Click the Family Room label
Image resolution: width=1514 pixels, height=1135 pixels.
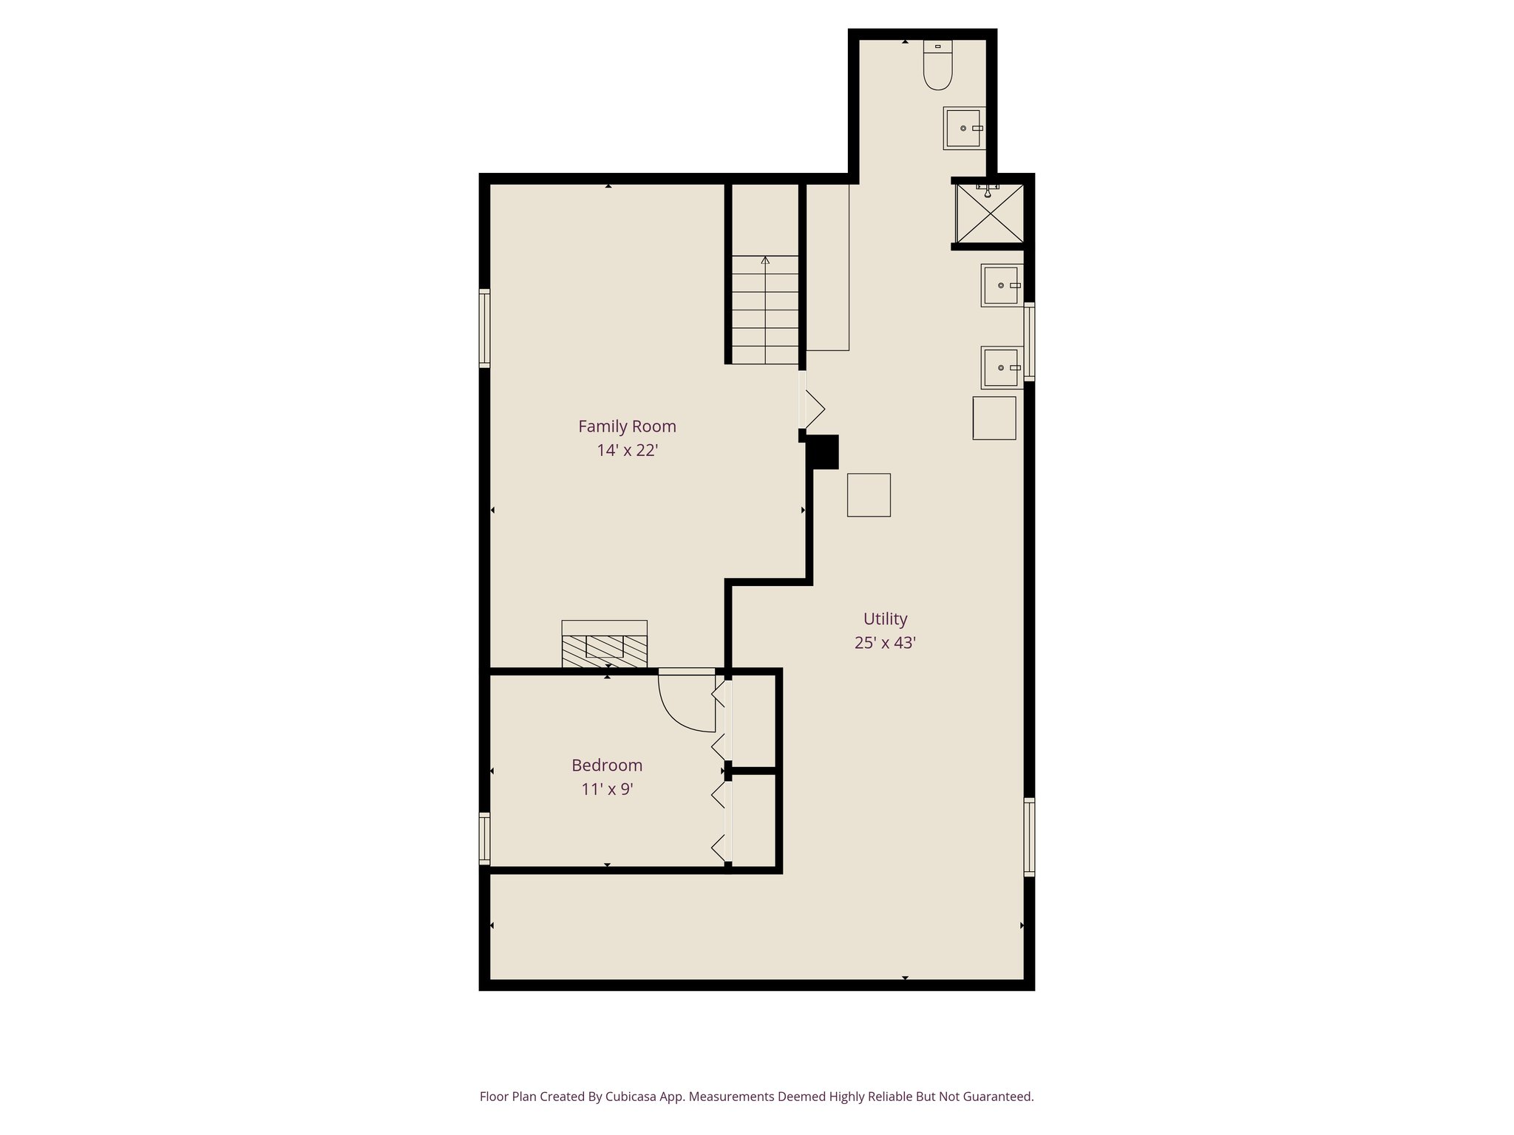(627, 426)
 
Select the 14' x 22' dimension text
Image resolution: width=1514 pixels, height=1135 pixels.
(627, 450)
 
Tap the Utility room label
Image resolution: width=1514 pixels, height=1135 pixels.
(885, 618)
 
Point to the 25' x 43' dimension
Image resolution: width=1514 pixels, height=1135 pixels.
(885, 643)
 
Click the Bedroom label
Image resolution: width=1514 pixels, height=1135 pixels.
(607, 765)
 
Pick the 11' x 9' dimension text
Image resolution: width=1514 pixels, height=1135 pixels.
(607, 789)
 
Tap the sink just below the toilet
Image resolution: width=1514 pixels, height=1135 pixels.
(963, 129)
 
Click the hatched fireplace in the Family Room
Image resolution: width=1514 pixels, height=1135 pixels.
(604, 650)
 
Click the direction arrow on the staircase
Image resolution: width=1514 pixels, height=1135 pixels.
(765, 261)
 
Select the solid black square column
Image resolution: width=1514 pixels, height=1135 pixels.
(822, 452)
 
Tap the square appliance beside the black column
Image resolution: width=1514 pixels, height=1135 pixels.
(869, 495)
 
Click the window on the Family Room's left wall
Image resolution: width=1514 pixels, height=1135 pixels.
(485, 329)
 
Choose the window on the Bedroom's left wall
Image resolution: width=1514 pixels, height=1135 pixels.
(485, 838)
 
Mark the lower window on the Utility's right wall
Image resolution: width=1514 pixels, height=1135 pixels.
(1028, 837)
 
